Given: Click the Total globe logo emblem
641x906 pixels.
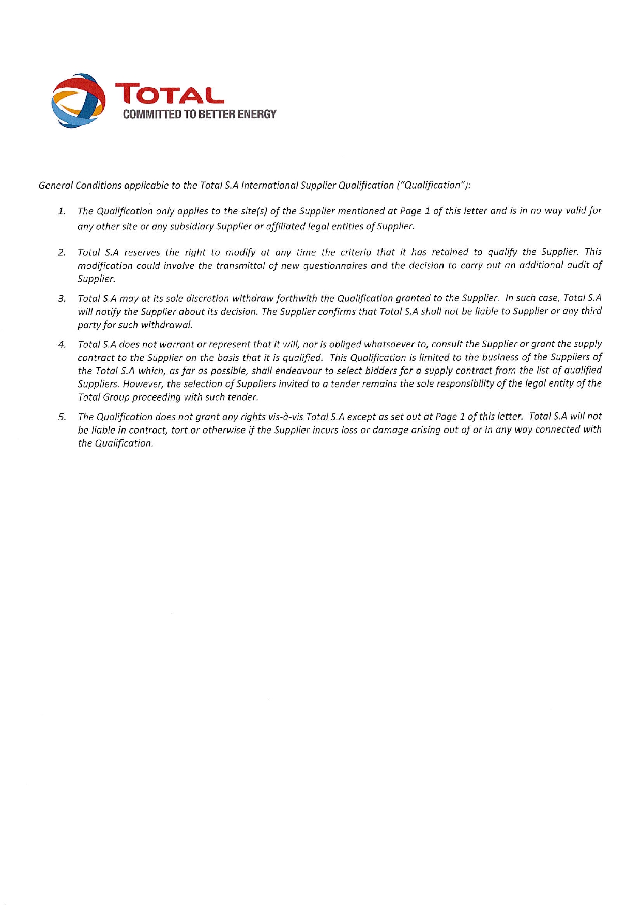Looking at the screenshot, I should click(x=79, y=100).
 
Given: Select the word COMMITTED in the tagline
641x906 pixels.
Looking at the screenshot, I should click(x=147, y=114).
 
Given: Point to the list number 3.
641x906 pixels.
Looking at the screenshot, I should click(x=62, y=299).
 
